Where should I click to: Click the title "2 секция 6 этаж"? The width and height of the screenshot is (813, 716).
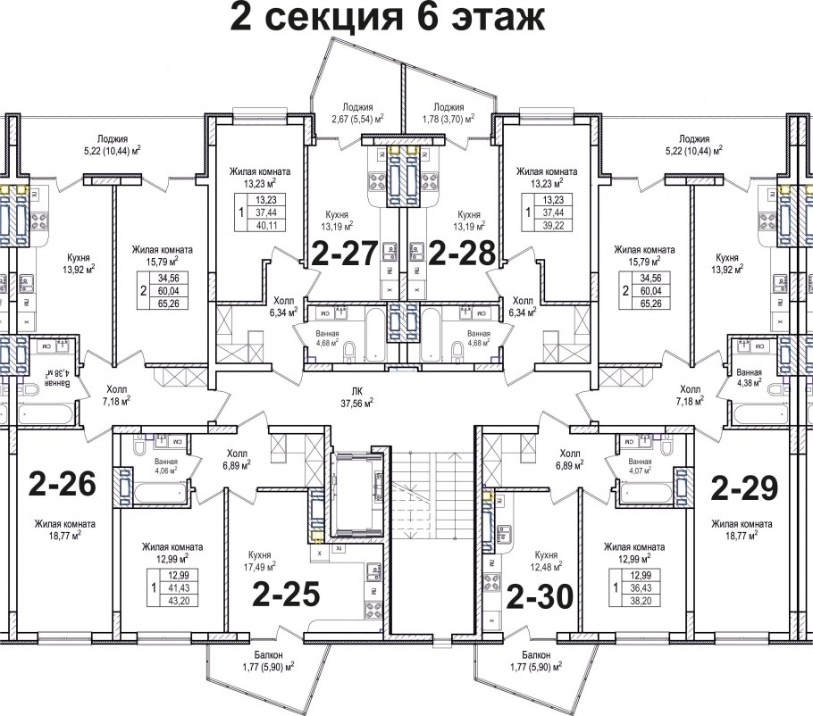[x=387, y=18]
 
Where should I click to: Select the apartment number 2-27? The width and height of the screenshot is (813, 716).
[x=345, y=254]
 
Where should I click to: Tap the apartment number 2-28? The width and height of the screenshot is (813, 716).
[x=461, y=254]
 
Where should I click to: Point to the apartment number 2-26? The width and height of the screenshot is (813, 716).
[x=62, y=485]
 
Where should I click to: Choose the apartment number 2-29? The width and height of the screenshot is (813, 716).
[x=744, y=487]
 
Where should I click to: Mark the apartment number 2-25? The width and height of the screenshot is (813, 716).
[x=285, y=594]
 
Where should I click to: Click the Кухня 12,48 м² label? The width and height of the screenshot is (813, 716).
[x=547, y=560]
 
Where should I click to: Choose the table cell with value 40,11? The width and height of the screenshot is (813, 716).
[x=264, y=225]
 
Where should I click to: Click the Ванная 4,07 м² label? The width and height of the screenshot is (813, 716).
[x=645, y=466]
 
